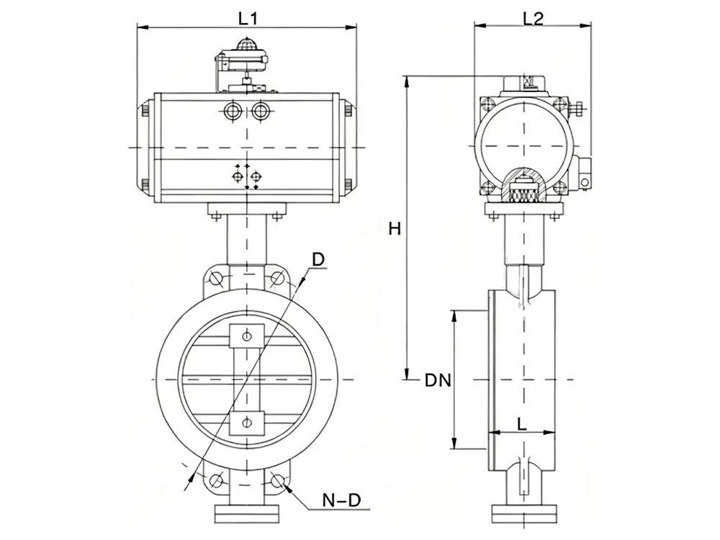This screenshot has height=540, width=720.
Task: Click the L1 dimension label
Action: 248,19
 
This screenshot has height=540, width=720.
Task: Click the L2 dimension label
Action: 533,19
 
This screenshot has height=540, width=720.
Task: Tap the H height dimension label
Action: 394,229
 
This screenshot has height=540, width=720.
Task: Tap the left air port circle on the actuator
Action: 233,111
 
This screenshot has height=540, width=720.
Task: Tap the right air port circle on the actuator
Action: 259,111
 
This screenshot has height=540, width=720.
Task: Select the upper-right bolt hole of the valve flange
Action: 278,278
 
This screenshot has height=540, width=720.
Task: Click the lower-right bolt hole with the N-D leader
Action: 278,480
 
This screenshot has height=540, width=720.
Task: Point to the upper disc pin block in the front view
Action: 247,336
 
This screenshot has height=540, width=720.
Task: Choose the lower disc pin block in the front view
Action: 247,423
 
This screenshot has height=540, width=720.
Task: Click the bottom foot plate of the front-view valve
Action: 247,513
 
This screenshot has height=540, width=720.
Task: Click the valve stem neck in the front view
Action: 247,241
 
